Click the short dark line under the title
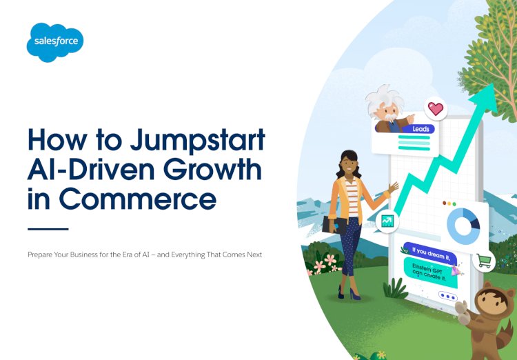point(48,228)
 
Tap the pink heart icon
point(436,109)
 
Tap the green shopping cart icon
point(485,261)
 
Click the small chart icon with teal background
point(387,221)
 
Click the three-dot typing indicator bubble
point(447,296)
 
